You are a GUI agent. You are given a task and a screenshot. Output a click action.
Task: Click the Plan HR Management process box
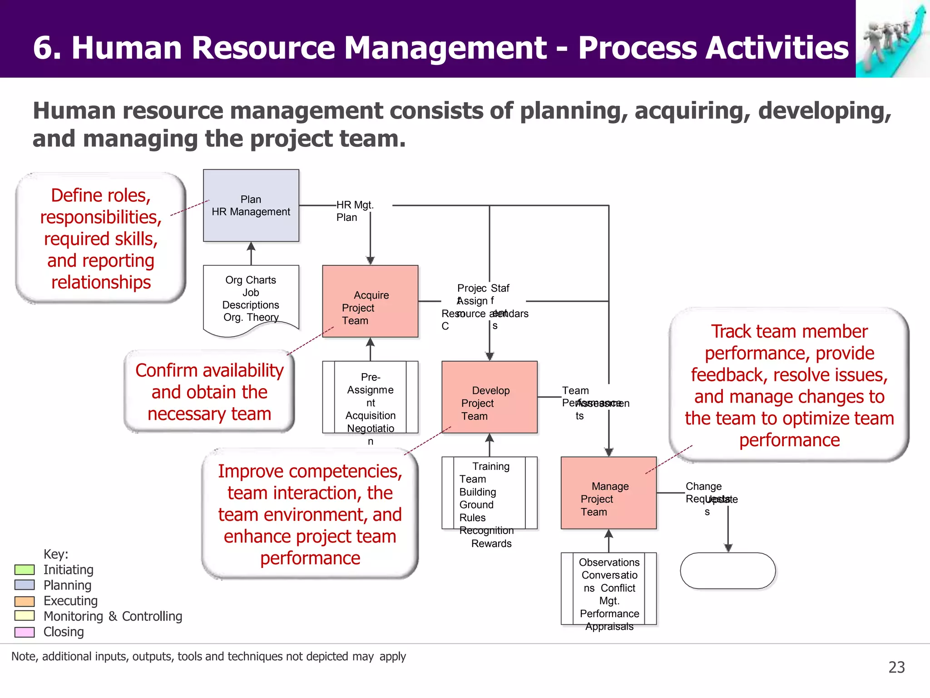(251, 205)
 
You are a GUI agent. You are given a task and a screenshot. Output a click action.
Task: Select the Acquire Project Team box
(370, 301)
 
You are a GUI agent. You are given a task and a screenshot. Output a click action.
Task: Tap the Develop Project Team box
(489, 397)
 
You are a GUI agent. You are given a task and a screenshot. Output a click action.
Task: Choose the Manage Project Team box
(608, 493)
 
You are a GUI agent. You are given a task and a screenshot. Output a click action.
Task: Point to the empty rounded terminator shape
(727, 571)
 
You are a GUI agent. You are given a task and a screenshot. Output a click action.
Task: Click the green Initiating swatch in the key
(25, 570)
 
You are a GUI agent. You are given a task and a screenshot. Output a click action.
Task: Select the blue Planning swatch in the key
(25, 585)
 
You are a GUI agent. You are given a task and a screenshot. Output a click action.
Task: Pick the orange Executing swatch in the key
(25, 601)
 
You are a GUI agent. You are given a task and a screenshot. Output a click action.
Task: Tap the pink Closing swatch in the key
(25, 632)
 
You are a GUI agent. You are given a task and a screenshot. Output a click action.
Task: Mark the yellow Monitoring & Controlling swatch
(25, 616)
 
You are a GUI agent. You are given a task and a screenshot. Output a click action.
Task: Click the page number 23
(896, 667)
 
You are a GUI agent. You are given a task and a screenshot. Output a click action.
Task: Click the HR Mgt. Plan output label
(355, 211)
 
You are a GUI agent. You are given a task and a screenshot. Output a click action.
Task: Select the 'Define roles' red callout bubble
(101, 239)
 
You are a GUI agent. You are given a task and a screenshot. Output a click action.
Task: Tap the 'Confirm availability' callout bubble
(209, 392)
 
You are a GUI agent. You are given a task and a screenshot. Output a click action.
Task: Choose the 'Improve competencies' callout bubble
(310, 514)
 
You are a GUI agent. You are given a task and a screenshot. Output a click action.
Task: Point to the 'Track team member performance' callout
(789, 385)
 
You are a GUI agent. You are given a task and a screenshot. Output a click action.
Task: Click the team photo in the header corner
(892, 39)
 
